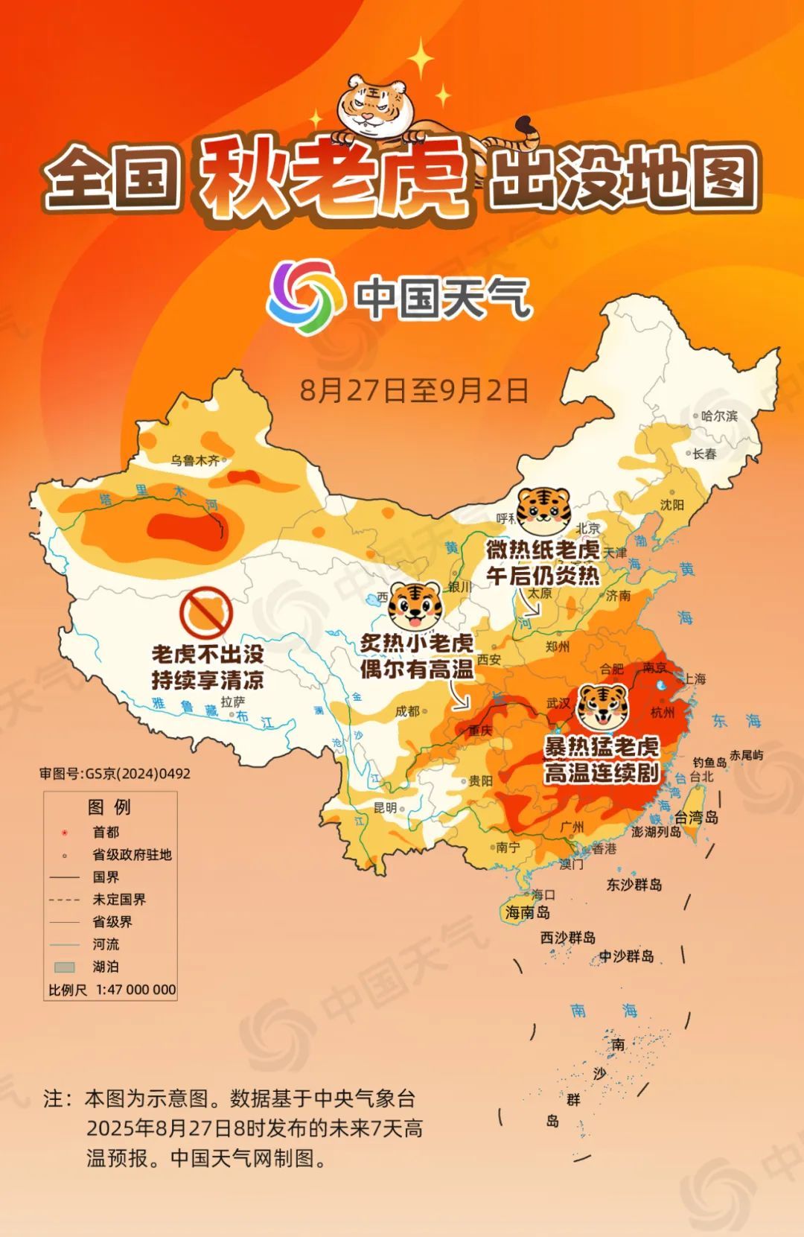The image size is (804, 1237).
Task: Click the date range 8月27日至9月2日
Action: click(x=414, y=389)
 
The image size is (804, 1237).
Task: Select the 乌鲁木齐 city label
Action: click(x=195, y=460)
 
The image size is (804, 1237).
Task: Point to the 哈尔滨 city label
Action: click(x=719, y=416)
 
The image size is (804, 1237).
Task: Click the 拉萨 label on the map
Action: click(x=232, y=702)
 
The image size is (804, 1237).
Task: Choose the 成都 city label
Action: click(x=407, y=711)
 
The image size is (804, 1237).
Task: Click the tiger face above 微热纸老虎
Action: click(x=543, y=511)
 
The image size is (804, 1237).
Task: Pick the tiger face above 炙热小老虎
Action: click(x=415, y=606)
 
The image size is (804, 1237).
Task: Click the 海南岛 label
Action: click(x=527, y=912)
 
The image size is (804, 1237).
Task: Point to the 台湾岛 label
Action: click(x=696, y=818)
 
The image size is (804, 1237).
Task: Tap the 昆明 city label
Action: click(x=385, y=807)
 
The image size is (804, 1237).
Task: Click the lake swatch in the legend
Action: click(x=65, y=967)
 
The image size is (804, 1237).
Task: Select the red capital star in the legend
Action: click(x=65, y=833)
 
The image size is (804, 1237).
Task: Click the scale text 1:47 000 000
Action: click(x=135, y=990)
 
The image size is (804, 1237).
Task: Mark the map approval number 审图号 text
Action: click(x=115, y=774)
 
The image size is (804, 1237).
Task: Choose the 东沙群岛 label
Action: click(x=634, y=885)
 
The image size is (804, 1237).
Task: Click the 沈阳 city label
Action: click(x=671, y=505)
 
